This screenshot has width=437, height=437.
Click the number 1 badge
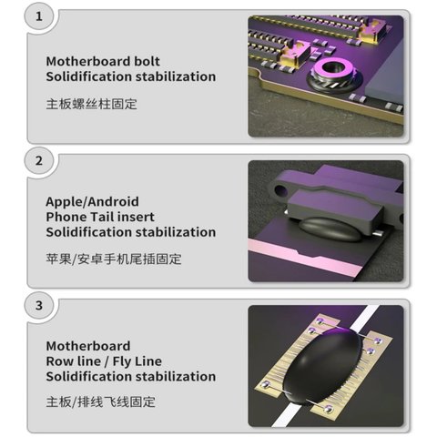[39, 16]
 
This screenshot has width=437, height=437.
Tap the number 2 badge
[39, 161]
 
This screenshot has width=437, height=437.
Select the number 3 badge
[39, 305]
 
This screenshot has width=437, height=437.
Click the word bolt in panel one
[147, 61]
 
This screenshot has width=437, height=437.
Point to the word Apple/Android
[92, 202]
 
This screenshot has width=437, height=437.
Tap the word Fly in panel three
[122, 361]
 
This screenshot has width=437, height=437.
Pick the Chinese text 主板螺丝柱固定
[92, 104]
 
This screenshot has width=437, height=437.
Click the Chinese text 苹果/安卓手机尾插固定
[114, 259]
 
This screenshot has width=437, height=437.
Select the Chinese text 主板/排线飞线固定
[101, 402]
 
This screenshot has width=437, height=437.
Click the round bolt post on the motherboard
[334, 75]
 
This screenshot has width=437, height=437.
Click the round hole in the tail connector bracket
[280, 190]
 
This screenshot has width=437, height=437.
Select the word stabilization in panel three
[176, 377]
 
